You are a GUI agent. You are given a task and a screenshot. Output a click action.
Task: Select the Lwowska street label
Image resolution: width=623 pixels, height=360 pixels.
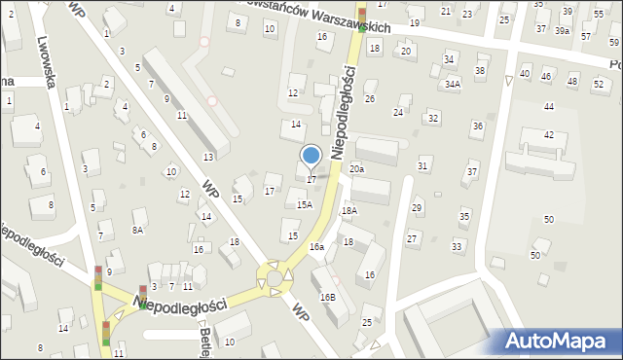click(49, 58)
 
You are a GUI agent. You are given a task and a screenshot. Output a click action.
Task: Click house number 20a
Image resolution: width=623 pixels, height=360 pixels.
click(357, 169)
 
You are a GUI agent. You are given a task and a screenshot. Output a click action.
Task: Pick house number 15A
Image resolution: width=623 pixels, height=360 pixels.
click(305, 204)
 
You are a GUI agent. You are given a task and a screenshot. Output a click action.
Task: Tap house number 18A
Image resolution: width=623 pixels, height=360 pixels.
click(348, 210)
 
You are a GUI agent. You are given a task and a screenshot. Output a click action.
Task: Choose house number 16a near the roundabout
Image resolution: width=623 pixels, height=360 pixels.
click(316, 247)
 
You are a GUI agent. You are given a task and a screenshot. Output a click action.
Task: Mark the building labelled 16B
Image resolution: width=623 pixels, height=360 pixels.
click(327, 297)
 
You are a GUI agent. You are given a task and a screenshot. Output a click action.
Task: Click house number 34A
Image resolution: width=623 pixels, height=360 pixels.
click(453, 85)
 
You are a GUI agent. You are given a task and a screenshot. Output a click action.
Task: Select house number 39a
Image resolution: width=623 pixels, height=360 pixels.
click(563, 31)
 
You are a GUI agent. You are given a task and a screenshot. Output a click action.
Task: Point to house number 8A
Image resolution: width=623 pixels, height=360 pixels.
click(137, 230)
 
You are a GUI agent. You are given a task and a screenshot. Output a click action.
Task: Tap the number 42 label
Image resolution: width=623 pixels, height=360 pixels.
click(549, 134)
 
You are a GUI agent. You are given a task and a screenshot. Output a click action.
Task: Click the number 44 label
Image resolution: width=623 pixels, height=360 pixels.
click(549, 106)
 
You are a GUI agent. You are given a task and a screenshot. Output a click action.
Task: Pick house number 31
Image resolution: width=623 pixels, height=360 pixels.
click(422, 166)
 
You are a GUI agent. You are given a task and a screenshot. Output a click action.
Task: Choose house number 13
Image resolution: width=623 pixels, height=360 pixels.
click(208, 157)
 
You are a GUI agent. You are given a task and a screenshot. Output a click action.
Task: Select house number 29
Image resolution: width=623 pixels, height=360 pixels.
click(417, 208)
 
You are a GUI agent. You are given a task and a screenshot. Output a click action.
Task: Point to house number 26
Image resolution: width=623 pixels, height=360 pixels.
click(370, 99)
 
